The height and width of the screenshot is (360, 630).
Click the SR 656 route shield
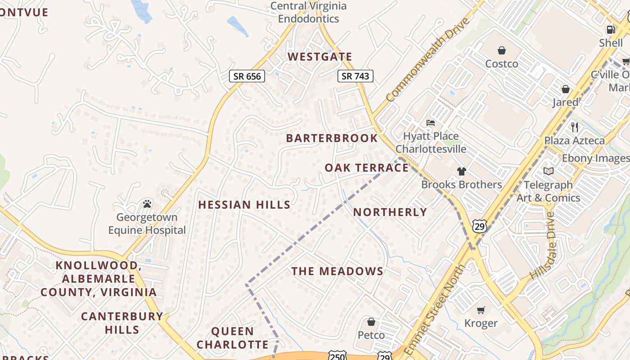pos(247,76)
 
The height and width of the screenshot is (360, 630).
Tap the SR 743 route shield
pos(355,76)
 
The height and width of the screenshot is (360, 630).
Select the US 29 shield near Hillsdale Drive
pos(480,226)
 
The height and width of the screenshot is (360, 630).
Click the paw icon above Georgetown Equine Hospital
pos(147,204)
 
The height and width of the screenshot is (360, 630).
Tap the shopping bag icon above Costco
pos(501,50)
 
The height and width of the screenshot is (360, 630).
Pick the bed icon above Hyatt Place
pos(431,122)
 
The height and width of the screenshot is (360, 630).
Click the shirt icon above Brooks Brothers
pos(461,171)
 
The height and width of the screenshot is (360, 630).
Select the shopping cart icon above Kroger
pos(481,310)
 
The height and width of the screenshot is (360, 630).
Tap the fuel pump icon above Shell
pos(611,30)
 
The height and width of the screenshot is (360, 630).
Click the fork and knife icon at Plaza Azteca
pos(575,127)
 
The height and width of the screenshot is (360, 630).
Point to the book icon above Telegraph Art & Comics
pos(548,171)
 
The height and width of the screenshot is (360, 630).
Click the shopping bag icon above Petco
pos(371,322)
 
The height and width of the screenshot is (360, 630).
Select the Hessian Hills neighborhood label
pos(244,205)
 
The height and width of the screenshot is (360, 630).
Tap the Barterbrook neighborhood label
pos(332,138)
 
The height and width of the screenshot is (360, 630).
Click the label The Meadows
pos(337,271)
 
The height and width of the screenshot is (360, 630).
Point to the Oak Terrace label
pos(367,168)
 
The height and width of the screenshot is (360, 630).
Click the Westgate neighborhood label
pos(319,57)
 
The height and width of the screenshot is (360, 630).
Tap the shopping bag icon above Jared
pos(565,89)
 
